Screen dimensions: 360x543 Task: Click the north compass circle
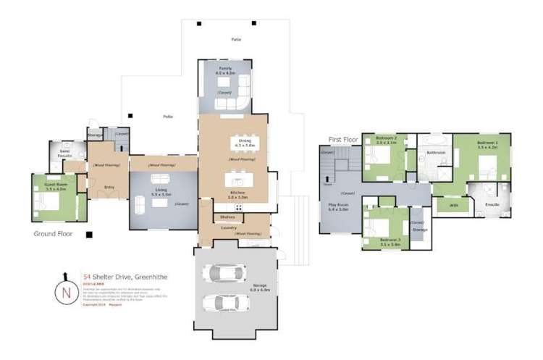pos(66,293)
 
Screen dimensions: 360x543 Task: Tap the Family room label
pos(225,71)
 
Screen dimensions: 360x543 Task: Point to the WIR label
pos(454,206)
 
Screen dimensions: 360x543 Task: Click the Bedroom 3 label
pos(390,239)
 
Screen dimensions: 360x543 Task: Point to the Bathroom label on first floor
pos(435,153)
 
